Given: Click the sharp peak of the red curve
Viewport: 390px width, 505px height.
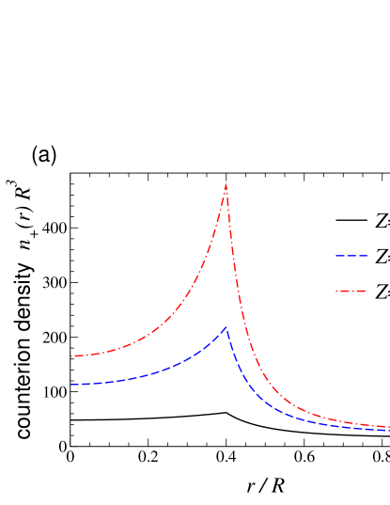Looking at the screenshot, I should pos(226,183).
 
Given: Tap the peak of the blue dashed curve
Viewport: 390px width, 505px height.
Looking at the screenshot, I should pos(226,327).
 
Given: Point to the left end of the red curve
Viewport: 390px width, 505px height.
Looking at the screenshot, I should pos(71,356).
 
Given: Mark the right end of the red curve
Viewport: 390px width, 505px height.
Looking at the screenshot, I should pos(388,426).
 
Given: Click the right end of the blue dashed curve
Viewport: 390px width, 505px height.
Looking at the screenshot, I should pos(388,431).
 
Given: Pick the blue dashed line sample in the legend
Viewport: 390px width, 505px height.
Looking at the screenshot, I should pos(351,256).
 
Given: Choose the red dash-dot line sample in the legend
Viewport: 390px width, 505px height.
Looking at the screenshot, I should pos(351,292).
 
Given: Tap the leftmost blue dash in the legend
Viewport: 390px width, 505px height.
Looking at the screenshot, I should pos(339,256).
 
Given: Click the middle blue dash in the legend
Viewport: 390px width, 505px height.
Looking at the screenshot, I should pos(351,256).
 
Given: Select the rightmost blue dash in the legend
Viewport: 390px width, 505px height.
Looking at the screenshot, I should pos(364,256).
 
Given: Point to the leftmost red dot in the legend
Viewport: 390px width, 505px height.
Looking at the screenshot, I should pos(336,292).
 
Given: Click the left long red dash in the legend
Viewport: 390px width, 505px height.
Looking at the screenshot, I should pos(344,292).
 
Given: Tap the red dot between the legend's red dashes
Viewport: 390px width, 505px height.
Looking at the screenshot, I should pos(351,292).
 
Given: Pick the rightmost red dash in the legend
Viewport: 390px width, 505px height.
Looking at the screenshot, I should pos(360,292).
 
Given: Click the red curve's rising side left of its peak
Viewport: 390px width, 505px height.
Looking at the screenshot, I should pos(201,281).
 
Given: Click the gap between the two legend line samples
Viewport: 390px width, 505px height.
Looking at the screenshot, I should pos(351,274).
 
